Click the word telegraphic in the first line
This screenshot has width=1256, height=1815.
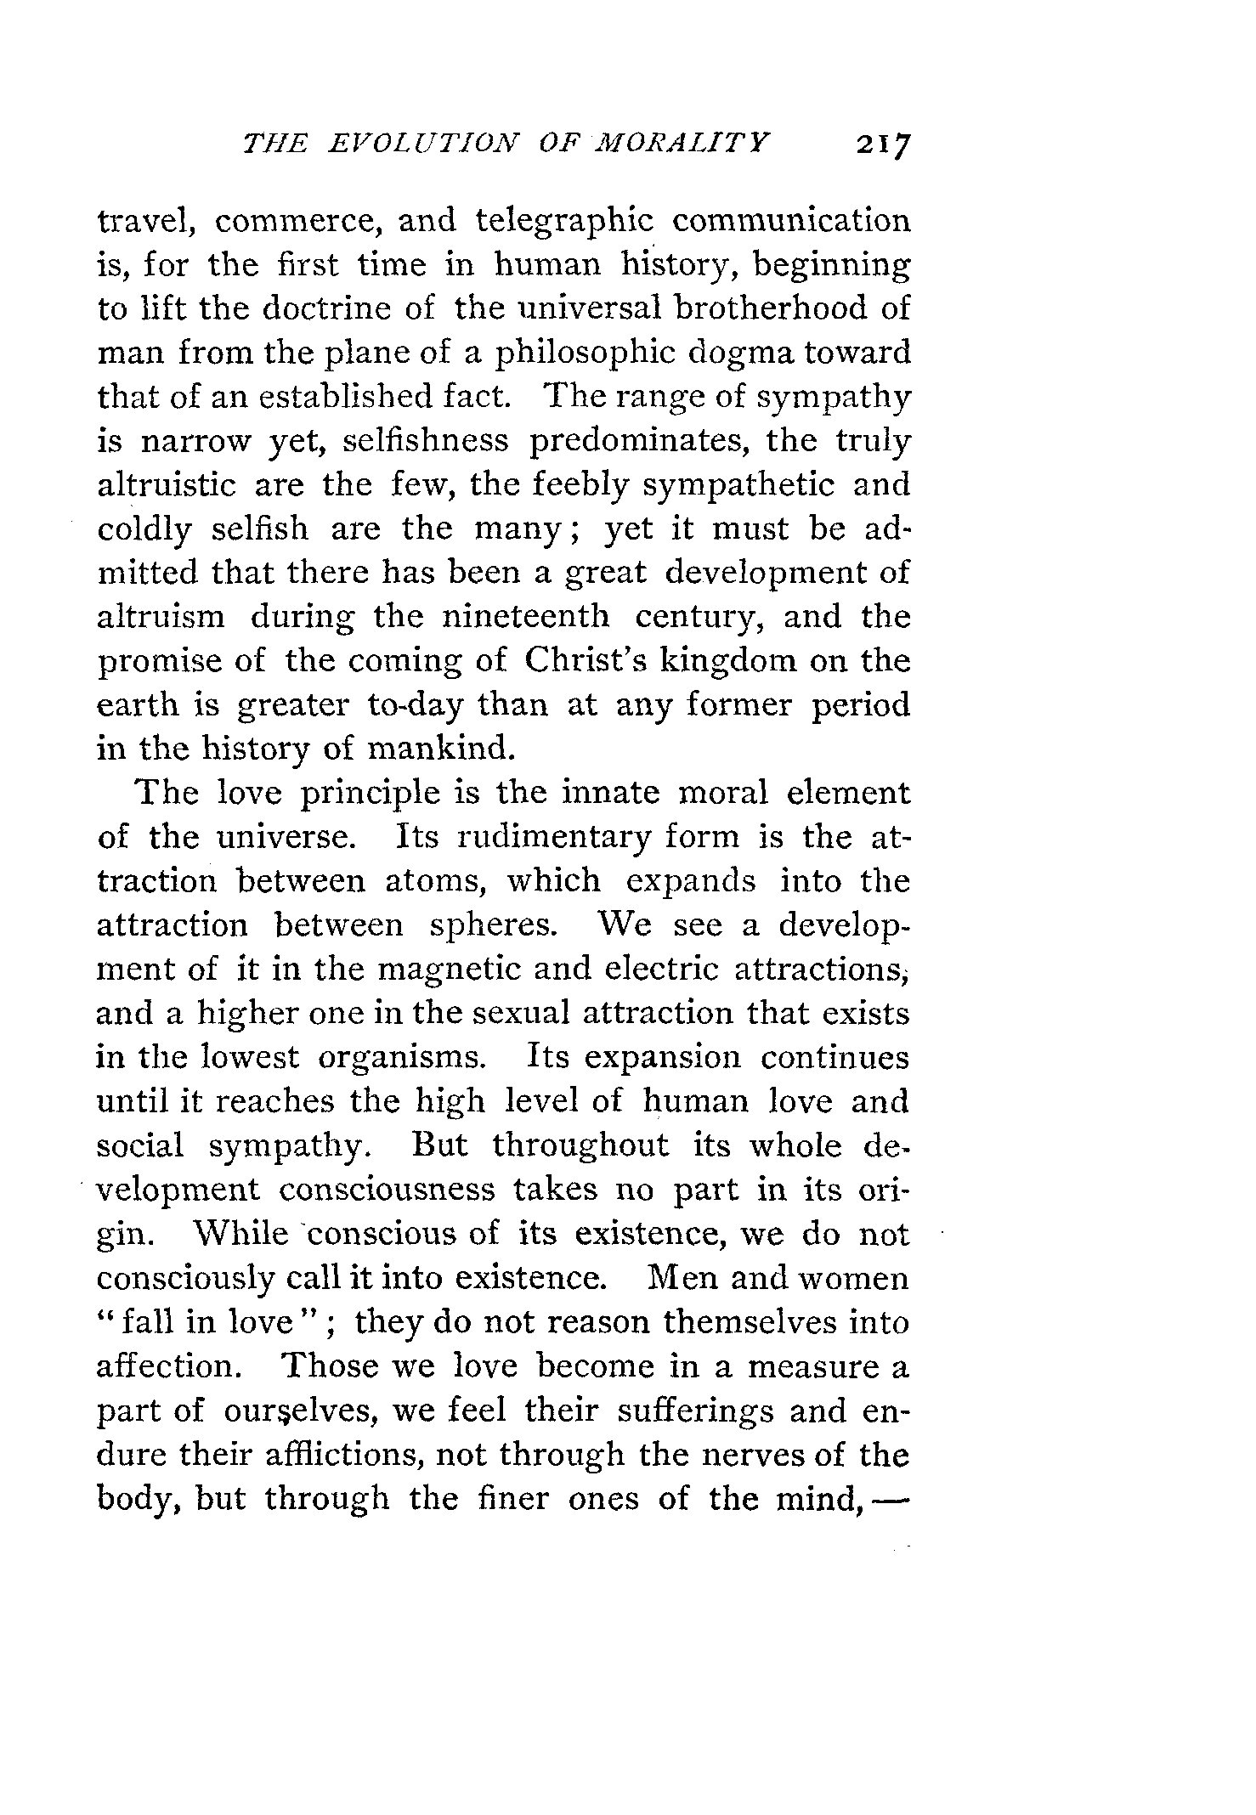point(564,222)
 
